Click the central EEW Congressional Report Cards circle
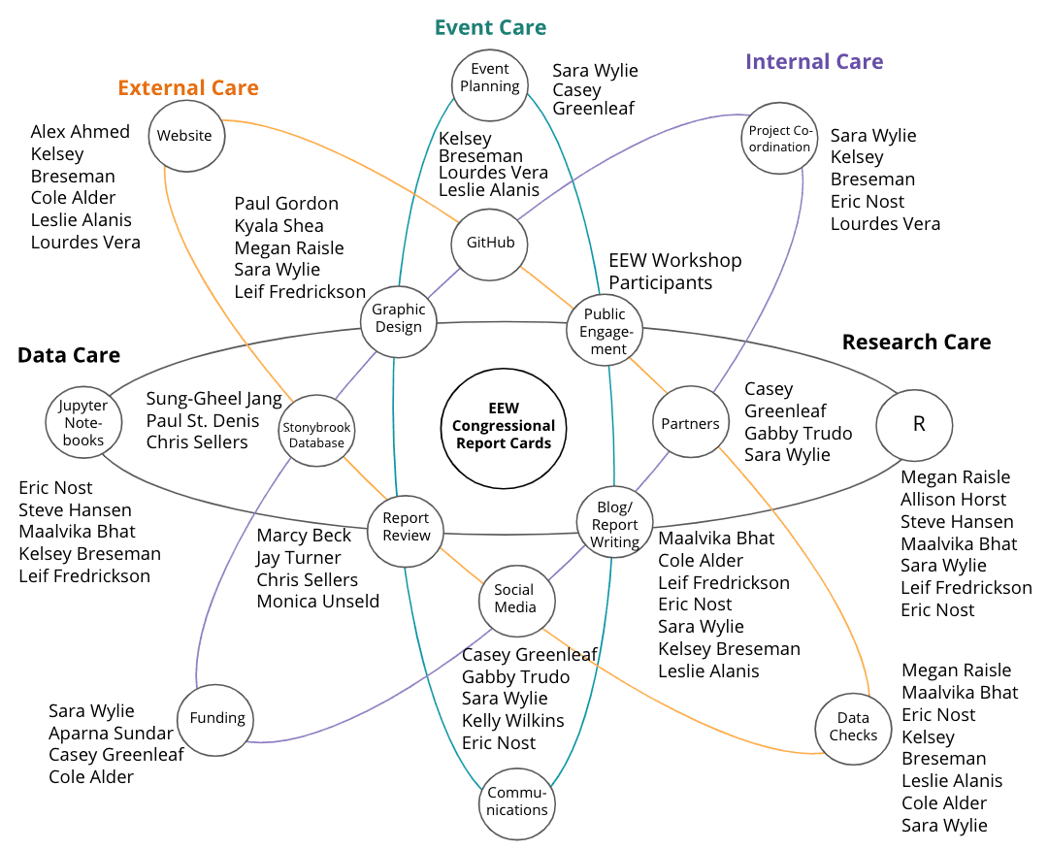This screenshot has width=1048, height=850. click(504, 425)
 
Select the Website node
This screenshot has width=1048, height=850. click(184, 135)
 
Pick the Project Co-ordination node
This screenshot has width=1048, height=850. click(779, 139)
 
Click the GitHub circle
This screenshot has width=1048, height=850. click(490, 243)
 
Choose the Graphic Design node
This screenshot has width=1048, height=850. click(399, 317)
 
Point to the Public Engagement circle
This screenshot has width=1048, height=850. click(605, 330)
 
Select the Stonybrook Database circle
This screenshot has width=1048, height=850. click(317, 435)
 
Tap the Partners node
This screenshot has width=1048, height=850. click(690, 423)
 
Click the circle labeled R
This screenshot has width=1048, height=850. click(914, 424)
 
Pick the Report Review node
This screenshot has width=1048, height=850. click(406, 527)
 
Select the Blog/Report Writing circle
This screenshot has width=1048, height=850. click(615, 524)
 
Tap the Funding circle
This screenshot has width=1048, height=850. click(216, 718)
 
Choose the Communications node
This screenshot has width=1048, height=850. click(517, 801)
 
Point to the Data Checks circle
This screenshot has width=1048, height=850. click(853, 727)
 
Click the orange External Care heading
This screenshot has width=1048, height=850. click(188, 88)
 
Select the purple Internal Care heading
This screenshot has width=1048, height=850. click(814, 62)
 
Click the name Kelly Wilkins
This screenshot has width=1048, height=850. click(512, 721)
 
